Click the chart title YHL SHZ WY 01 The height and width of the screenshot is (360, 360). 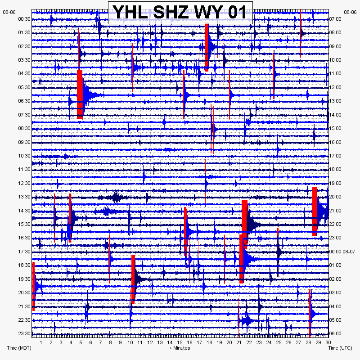pyautogui.click(x=180, y=12)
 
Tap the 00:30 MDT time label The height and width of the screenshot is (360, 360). pyautogui.click(x=24, y=19)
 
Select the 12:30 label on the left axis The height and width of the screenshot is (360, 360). pyautogui.click(x=24, y=183)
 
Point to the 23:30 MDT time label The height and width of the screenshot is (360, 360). pyautogui.click(x=24, y=333)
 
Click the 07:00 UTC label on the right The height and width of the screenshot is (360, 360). pyautogui.click(x=336, y=19)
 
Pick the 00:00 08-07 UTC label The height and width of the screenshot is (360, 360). pyautogui.click(x=342, y=252)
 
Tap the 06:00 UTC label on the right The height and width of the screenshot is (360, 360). pyautogui.click(x=336, y=333)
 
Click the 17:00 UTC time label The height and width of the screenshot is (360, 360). pyautogui.click(x=336, y=156)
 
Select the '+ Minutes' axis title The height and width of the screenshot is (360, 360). pyautogui.click(x=180, y=348)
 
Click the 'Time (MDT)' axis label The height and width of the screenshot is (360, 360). pyautogui.click(x=19, y=348)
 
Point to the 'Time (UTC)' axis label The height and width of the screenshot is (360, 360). pyautogui.click(x=339, y=348)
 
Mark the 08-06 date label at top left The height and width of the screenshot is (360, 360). pyautogui.click(x=9, y=13)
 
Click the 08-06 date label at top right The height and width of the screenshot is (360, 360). pyautogui.click(x=350, y=13)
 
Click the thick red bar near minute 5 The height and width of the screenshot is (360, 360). pyautogui.click(x=80, y=94)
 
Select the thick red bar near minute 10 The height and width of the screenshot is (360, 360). pyautogui.click(x=133, y=279)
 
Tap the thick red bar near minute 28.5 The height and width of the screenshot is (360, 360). pyautogui.click(x=315, y=211)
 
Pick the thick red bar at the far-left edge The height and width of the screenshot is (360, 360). pyautogui.click(x=34, y=286)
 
